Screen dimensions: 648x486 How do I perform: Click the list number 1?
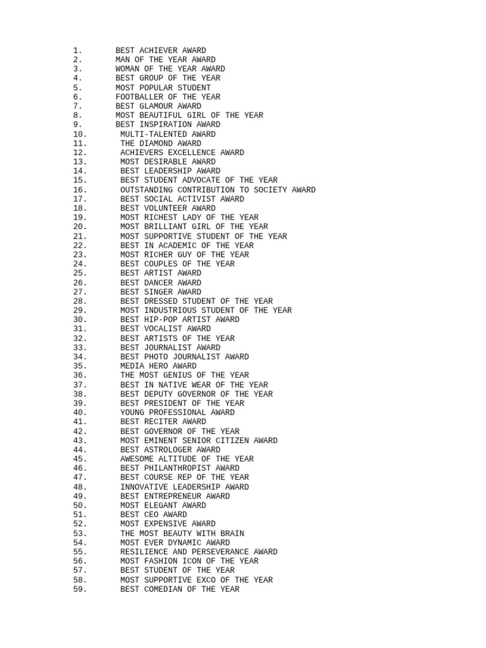click(77, 51)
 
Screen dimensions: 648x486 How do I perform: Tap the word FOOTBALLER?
click(139, 97)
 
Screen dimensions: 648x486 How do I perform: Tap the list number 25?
click(80, 273)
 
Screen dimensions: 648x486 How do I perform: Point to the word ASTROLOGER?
click(168, 450)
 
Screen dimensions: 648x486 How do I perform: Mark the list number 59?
click(80, 589)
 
